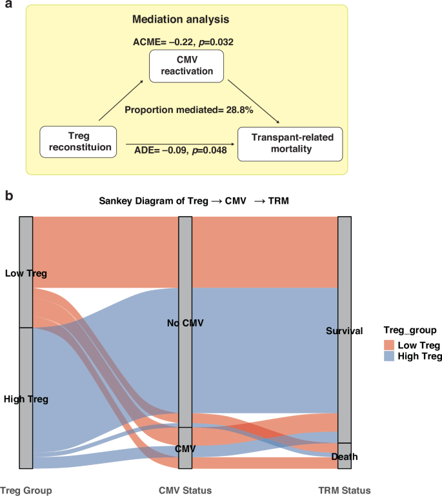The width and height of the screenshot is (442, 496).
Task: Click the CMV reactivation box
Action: [185, 67]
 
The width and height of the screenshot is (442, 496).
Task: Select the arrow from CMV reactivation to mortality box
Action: [253, 103]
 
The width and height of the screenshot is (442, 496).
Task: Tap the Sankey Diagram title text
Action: [194, 201]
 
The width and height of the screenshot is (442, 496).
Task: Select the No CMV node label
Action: [185, 322]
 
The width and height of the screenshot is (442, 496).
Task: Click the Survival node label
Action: [345, 330]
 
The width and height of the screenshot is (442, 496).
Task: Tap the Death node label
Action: [345, 457]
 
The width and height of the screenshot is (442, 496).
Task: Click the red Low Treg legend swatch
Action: [389, 344]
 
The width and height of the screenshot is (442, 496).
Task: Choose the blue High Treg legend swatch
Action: [389, 355]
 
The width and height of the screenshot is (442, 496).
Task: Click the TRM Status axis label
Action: [345, 490]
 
